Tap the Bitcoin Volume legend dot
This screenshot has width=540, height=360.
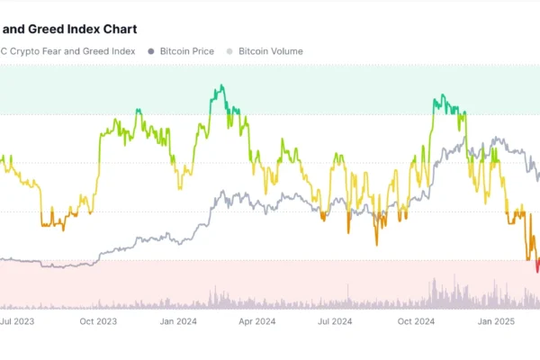(230, 51)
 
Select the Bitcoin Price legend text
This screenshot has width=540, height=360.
(186, 51)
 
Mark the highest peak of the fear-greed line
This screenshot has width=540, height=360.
(219, 87)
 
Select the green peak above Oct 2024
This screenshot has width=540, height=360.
(440, 96)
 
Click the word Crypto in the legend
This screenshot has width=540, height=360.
(23, 51)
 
